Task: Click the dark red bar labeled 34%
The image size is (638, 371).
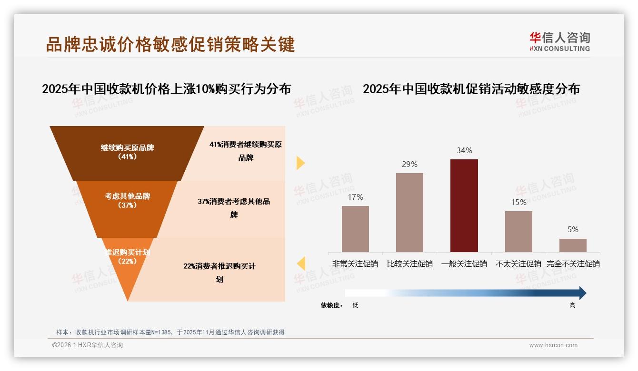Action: [464, 205]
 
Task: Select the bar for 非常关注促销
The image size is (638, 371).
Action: [355, 229]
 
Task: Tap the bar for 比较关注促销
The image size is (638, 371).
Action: [409, 212]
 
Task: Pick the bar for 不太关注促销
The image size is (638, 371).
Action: [518, 232]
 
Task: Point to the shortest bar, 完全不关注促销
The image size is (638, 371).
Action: [573, 245]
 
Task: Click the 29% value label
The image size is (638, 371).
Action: [409, 164]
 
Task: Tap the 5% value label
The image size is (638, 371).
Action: [573, 229]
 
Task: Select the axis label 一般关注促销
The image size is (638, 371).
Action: [464, 264]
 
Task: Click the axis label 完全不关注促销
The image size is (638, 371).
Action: [573, 264]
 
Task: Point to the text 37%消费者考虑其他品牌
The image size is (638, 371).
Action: [234, 208]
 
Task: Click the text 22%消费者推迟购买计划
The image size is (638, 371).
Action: [219, 273]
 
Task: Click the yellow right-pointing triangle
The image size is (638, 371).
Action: [300, 163]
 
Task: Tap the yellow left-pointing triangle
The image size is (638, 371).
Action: [301, 264]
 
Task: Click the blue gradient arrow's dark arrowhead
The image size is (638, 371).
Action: [581, 293]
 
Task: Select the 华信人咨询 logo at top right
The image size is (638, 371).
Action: [559, 41]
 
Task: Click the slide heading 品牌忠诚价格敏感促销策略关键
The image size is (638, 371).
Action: [170, 44]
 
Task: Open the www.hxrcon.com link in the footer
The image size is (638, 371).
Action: [553, 345]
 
